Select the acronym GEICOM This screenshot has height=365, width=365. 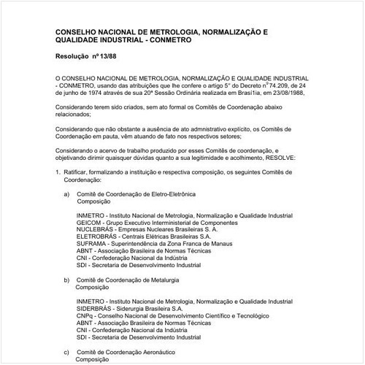point(88,223)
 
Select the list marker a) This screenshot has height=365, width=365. point(67,194)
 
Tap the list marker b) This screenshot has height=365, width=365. point(67,280)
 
